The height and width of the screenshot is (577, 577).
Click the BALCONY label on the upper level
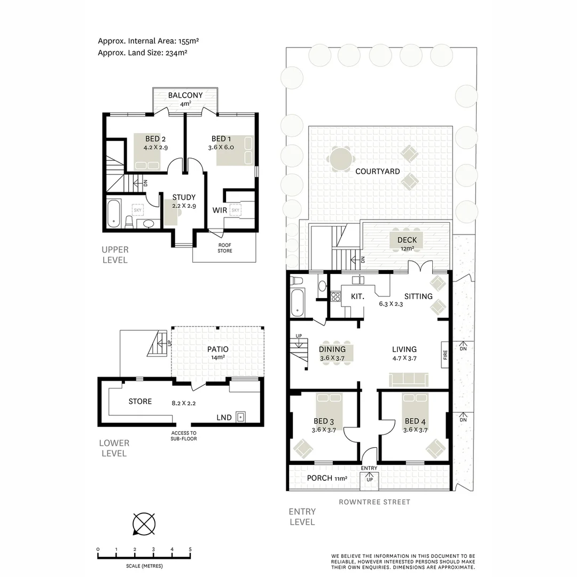[x=185, y=96]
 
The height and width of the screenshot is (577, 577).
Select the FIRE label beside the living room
[x=445, y=355]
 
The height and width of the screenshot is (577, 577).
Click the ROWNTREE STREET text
[x=375, y=502]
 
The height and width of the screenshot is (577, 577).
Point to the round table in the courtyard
[x=340, y=159]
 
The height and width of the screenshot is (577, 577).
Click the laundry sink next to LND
[x=241, y=417]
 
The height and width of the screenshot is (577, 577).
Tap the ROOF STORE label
[x=225, y=248]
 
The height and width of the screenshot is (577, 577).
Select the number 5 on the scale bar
[x=190, y=549]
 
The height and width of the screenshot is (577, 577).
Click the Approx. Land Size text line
[x=142, y=53]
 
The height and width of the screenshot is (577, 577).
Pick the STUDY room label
[x=183, y=197]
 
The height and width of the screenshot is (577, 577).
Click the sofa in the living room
[x=409, y=380]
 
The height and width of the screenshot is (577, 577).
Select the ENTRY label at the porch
[x=369, y=469]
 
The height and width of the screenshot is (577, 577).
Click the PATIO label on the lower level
[x=218, y=349]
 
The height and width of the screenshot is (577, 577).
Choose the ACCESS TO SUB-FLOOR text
[x=184, y=436]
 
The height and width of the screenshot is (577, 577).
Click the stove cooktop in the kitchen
[x=336, y=297]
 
